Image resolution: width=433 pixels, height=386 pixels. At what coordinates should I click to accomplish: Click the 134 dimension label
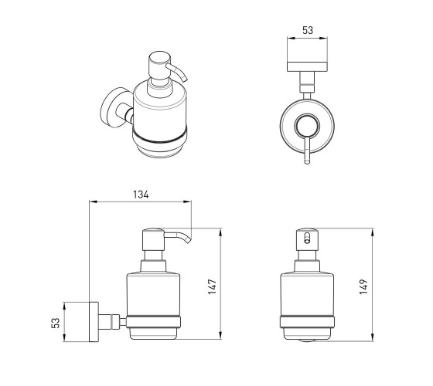point(141,195)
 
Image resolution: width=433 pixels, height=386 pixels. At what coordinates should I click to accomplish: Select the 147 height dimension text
point(212,286)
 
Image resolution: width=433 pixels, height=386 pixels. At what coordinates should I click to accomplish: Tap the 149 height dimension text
point(363,286)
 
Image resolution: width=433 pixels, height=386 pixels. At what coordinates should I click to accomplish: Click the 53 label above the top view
point(308,30)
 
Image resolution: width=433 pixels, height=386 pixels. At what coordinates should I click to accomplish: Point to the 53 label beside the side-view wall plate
point(56,323)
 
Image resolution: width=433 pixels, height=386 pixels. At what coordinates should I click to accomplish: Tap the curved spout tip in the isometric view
point(185,80)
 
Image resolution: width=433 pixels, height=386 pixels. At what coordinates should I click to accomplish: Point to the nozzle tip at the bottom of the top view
point(307,161)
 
